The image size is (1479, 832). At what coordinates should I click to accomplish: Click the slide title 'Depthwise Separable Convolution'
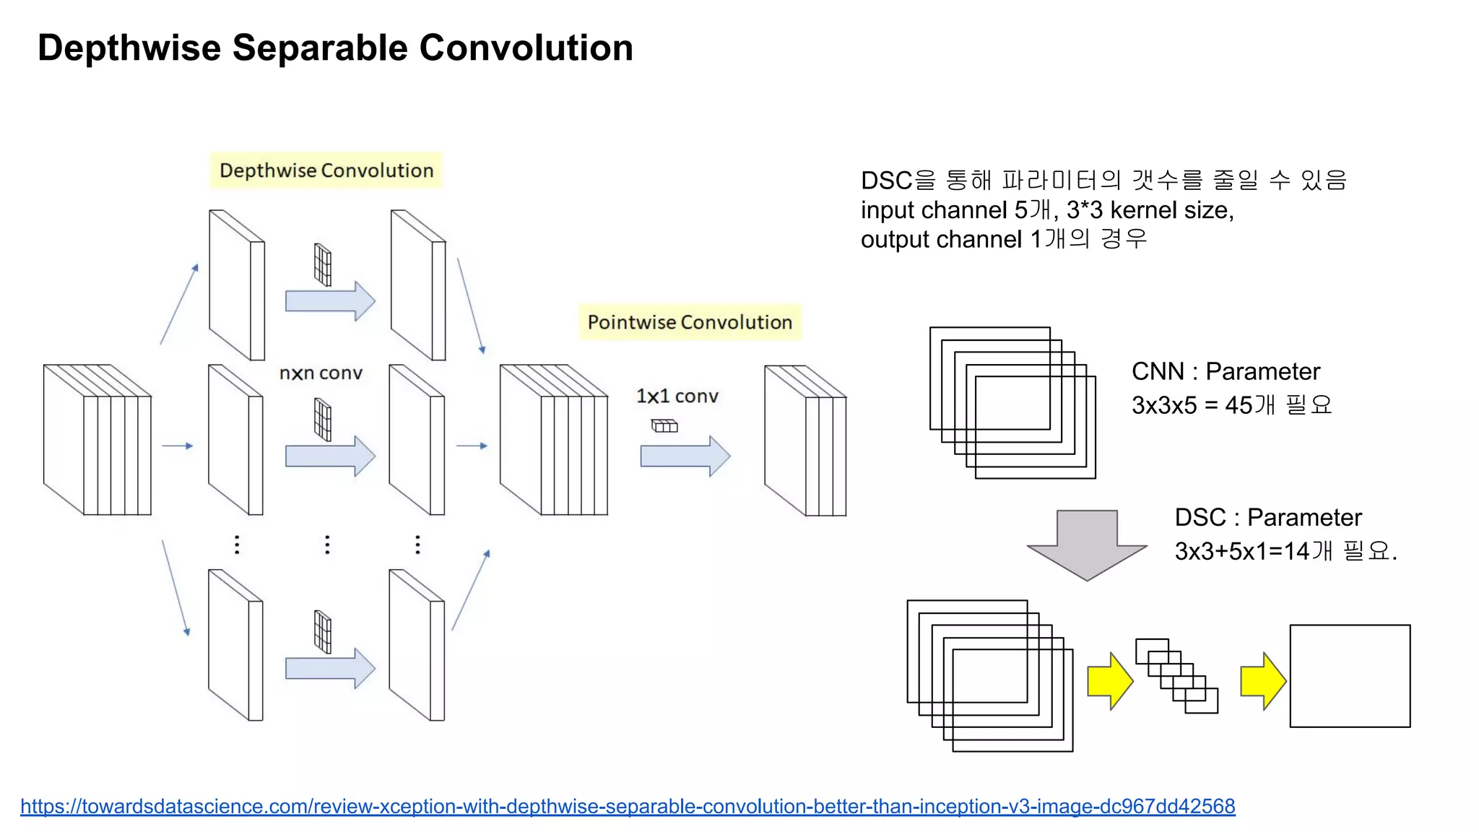335,48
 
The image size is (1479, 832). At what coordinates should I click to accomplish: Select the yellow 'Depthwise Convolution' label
326,170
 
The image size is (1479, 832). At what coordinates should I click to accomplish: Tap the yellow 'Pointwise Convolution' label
690,322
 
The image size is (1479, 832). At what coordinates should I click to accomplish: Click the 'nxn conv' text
321,373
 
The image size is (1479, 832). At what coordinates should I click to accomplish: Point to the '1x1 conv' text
677,396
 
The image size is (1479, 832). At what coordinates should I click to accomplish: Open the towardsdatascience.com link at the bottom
628,806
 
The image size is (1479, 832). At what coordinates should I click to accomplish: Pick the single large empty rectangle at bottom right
1350,676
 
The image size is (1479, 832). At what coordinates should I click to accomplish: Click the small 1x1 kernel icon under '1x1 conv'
664,426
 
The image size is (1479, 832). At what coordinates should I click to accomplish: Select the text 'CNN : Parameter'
1226,371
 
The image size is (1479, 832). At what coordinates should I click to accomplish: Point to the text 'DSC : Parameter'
1268,517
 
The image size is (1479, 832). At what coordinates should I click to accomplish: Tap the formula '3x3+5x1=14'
1242,552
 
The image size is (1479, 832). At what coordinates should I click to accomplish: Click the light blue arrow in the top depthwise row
330,300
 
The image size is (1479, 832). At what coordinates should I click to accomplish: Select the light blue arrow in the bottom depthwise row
330,668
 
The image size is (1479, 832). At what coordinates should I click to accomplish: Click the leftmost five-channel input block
97,440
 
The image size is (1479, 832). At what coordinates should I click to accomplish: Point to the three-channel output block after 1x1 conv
805,441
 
